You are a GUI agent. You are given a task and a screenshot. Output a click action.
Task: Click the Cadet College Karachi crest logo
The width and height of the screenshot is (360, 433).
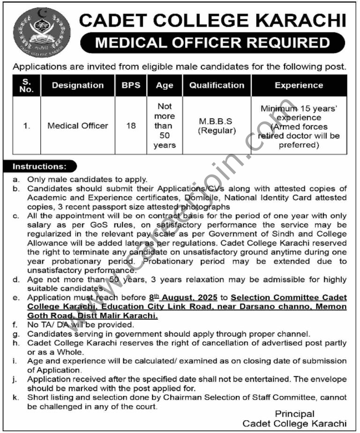pyautogui.click(x=42, y=32)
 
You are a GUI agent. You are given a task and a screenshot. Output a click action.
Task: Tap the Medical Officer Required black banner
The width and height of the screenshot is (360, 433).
pyautogui.click(x=212, y=44)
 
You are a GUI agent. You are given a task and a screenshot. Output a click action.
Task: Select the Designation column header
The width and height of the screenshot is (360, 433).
pyautogui.click(x=78, y=85)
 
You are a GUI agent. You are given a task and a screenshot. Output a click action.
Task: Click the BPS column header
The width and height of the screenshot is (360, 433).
pyautogui.click(x=131, y=85)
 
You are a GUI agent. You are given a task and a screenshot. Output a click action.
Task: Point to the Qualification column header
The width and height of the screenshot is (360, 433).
pyautogui.click(x=217, y=85)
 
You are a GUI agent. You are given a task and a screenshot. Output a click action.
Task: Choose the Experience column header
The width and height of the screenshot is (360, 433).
pyautogui.click(x=299, y=85)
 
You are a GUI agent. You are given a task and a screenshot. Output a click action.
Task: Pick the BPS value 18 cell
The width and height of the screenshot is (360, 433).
pyautogui.click(x=131, y=126)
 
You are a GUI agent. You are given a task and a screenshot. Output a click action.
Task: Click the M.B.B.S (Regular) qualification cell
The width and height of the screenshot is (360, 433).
pyautogui.click(x=217, y=126)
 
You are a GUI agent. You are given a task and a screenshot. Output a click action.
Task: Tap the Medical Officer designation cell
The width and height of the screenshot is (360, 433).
pyautogui.click(x=78, y=126)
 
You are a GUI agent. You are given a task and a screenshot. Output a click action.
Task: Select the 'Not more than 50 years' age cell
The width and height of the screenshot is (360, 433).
pyautogui.click(x=165, y=126)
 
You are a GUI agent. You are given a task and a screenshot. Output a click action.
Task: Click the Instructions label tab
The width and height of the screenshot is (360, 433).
pyautogui.click(x=40, y=167)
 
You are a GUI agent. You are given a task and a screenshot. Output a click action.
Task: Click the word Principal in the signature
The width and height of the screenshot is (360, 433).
pyautogui.click(x=294, y=414)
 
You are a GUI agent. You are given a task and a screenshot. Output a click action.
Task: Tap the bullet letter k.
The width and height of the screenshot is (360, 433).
pyautogui.click(x=16, y=398)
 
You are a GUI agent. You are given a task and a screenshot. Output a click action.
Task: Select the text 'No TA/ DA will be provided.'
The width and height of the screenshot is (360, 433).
pyautogui.click(x=81, y=325)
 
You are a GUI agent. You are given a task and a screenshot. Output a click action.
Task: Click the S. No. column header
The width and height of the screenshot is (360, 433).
pyautogui.click(x=28, y=85)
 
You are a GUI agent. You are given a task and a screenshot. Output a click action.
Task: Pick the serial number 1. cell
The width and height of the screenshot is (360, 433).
pyautogui.click(x=28, y=126)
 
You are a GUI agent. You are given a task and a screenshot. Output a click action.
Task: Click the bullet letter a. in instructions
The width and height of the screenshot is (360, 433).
pyautogui.click(x=16, y=179)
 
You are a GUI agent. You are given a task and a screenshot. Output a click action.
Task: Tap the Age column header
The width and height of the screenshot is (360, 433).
pyautogui.click(x=165, y=85)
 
